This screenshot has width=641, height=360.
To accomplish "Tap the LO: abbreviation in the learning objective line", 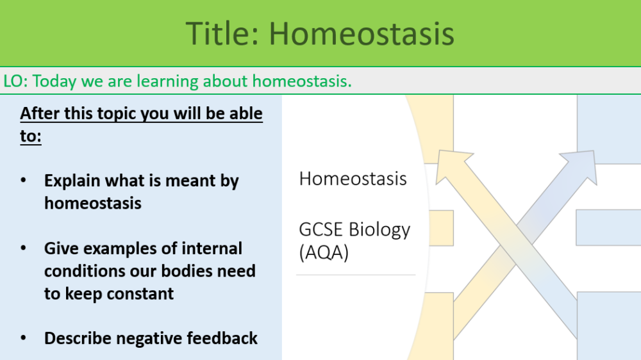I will click(15, 81).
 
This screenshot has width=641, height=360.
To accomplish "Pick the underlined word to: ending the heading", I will click(31, 136).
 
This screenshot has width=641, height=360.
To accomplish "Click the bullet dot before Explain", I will click(24, 181).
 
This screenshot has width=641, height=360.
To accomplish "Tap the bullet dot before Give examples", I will click(24, 248).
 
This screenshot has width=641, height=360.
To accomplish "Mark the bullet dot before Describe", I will click(24, 338).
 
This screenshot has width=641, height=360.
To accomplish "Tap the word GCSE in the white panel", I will click(322, 229).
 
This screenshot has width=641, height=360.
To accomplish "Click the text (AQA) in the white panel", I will click(324, 252).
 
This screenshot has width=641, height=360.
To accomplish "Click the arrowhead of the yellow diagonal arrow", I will click(453, 162).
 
